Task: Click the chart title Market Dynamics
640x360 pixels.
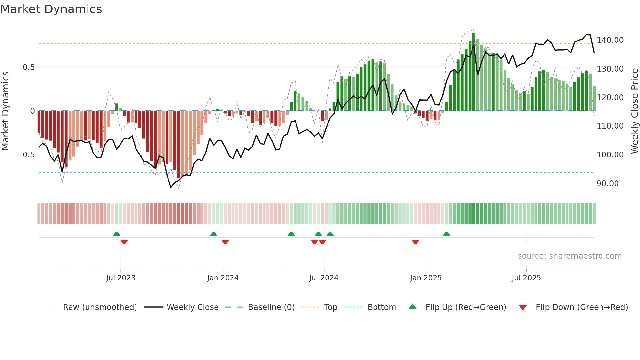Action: point(51,9)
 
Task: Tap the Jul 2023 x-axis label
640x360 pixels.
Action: point(120,278)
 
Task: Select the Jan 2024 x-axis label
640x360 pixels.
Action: point(223,278)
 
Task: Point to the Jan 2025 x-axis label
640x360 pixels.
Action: point(426,278)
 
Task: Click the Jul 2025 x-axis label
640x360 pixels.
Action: point(526,278)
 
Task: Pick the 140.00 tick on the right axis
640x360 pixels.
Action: point(610,40)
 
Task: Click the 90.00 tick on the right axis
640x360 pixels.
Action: point(607,183)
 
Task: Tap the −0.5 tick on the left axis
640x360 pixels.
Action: point(25,155)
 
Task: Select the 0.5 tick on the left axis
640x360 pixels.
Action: point(28,67)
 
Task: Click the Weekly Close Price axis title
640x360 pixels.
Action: point(634,111)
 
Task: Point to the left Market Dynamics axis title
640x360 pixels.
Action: point(5,111)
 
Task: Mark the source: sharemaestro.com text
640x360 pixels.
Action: point(569,256)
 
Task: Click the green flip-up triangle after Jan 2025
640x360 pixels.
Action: point(446,234)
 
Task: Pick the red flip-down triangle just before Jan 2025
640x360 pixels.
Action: point(415,242)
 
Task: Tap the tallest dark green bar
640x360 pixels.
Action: point(474,72)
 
